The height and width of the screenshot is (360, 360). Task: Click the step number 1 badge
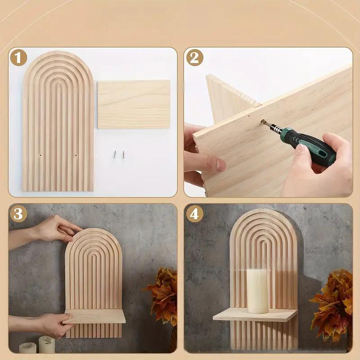pos(18,58)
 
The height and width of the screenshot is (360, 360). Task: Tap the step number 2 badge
pos(194,58)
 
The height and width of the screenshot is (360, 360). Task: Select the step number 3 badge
pos(18,214)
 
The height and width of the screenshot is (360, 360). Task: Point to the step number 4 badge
pos(194,214)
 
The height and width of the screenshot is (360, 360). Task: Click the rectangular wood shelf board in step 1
pos(134,104)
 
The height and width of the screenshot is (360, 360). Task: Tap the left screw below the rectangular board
pos(115,154)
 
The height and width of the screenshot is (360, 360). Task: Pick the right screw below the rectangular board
pos(123,154)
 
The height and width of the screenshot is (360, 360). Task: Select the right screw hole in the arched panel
pos(75,156)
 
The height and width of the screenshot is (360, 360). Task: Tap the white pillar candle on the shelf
pos(257,290)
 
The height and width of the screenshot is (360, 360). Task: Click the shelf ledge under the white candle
pos(255,315)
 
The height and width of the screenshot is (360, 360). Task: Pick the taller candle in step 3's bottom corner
pos(47,344)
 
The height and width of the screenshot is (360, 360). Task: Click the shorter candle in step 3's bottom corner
pos(27,347)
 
